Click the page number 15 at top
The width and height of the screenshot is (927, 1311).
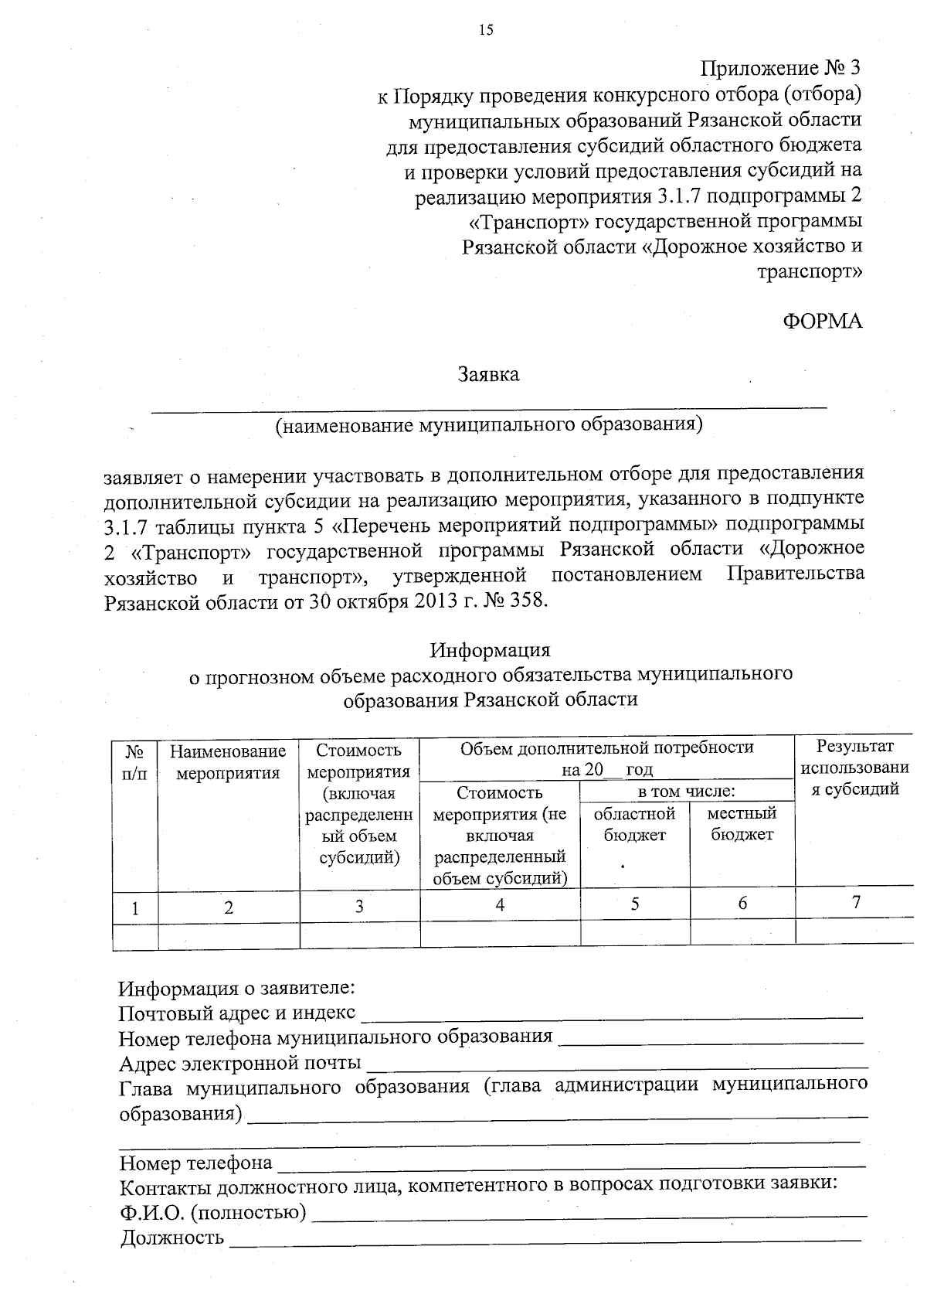(x=485, y=30)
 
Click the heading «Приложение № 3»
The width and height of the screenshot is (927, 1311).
(x=780, y=68)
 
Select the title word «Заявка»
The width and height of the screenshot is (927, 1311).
(x=488, y=375)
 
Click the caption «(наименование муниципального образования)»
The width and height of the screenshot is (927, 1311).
(x=490, y=424)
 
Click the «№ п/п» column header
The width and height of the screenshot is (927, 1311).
(x=135, y=762)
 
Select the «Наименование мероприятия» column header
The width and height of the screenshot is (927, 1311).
(x=228, y=762)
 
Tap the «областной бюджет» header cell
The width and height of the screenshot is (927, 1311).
(x=634, y=824)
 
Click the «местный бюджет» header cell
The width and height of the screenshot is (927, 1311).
(x=742, y=824)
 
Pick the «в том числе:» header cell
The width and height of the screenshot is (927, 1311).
(x=686, y=792)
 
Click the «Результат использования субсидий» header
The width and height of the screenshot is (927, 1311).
(x=854, y=768)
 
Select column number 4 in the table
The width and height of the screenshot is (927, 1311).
(x=500, y=904)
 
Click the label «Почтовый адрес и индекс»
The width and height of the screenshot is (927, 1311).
(x=237, y=1013)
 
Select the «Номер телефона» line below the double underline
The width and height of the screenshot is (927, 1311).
(x=195, y=1163)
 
